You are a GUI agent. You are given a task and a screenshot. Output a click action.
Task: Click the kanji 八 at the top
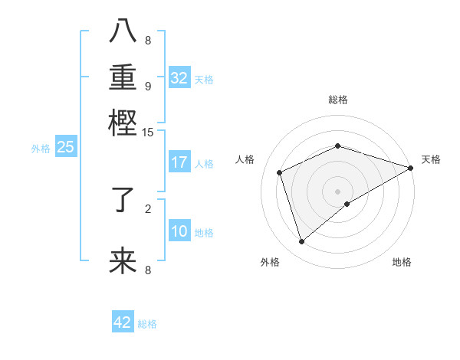pyautogui.click(x=123, y=32)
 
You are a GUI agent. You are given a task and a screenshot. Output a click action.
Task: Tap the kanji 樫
pyautogui.click(x=123, y=122)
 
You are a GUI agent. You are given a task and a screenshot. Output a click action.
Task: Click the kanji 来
pyautogui.click(x=123, y=261)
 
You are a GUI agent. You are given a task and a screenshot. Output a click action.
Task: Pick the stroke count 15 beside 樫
pyautogui.click(x=148, y=133)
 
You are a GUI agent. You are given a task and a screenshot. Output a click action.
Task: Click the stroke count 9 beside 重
pyautogui.click(x=148, y=86)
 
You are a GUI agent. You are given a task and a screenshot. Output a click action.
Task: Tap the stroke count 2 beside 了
pyautogui.click(x=148, y=208)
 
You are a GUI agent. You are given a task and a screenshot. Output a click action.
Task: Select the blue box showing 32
pyautogui.click(x=179, y=78)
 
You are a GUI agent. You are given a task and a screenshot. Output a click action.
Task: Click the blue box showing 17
pyautogui.click(x=179, y=162)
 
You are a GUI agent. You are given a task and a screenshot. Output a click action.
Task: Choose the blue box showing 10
pyautogui.click(x=179, y=231)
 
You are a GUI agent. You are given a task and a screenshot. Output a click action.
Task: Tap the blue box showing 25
pyautogui.click(x=65, y=147)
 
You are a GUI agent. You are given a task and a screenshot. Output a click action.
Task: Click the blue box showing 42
pyautogui.click(x=123, y=322)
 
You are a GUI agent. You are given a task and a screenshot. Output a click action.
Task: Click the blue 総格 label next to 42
pyautogui.click(x=147, y=324)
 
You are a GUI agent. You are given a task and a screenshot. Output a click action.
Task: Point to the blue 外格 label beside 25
pyautogui.click(x=40, y=149)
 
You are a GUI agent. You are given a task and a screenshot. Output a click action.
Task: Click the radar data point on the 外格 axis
pyautogui.click(x=301, y=242)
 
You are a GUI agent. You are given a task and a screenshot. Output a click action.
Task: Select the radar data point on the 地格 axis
pyautogui.click(x=347, y=204)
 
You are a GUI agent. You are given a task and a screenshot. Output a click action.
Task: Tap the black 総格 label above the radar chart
pyautogui.click(x=337, y=100)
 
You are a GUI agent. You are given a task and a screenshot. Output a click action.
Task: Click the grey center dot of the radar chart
pyautogui.click(x=337, y=191)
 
